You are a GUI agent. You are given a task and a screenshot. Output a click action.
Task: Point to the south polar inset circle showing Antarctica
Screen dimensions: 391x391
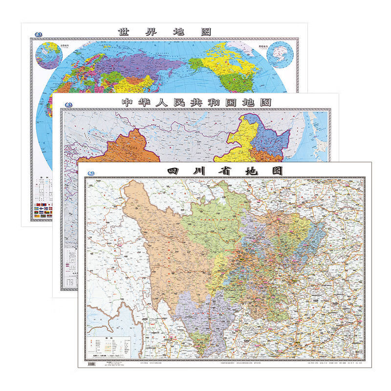(279, 53)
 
